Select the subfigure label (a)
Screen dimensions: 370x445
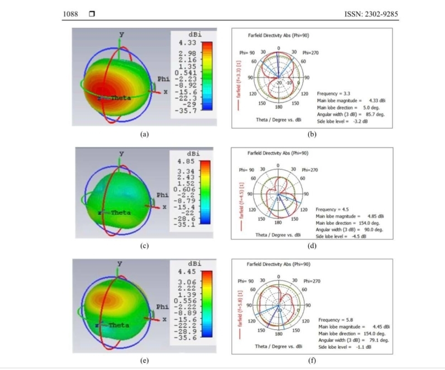145,134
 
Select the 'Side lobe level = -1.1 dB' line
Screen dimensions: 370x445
345,347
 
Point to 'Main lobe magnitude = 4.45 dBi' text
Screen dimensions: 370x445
351,327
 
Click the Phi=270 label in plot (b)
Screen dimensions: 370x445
310,53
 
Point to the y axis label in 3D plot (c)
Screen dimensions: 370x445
121,154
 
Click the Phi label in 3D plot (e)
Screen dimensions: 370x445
162,307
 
